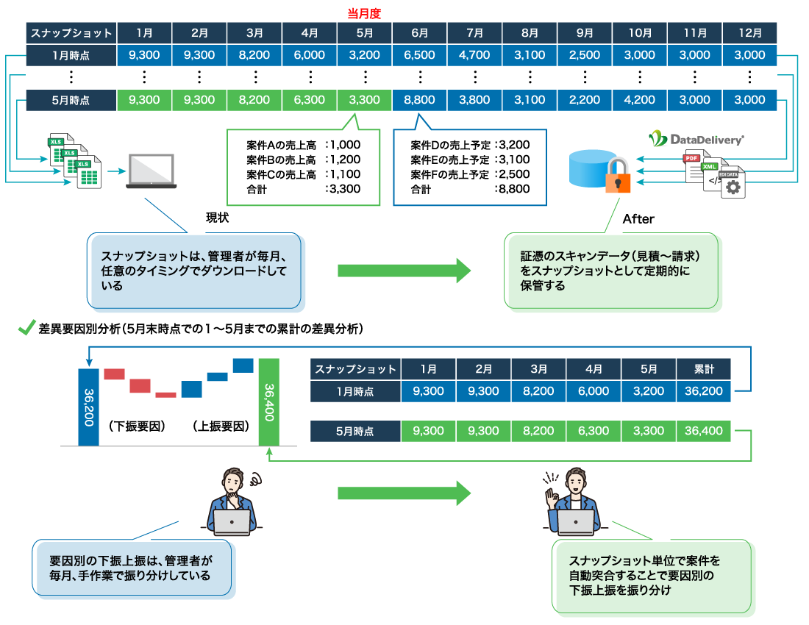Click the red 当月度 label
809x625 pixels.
pyautogui.click(x=365, y=12)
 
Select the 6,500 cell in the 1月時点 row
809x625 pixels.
pyautogui.click(x=420, y=55)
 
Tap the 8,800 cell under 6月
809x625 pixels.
pyautogui.click(x=420, y=100)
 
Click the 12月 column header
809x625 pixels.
pyautogui.click(x=749, y=33)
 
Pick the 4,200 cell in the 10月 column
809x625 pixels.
pyautogui.click(x=640, y=100)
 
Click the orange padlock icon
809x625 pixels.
pyautogui.click(x=618, y=176)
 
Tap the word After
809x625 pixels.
pyautogui.click(x=638, y=218)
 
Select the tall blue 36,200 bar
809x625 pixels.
pyautogui.click(x=88, y=406)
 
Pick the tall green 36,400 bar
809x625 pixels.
pyautogui.click(x=269, y=402)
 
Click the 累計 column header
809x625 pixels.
pyautogui.click(x=703, y=369)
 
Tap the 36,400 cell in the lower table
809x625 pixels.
pyautogui.click(x=703, y=431)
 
